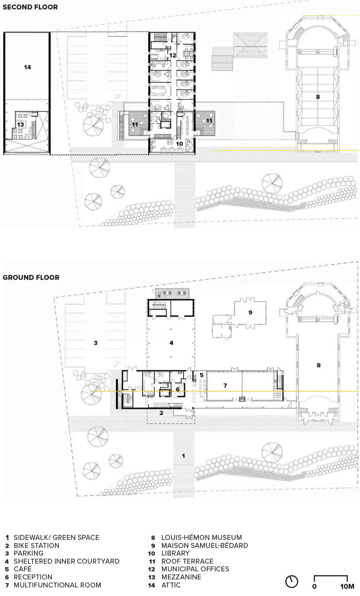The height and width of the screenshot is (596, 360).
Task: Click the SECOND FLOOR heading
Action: click(30, 7)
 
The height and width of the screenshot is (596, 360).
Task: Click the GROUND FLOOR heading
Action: click(31, 277)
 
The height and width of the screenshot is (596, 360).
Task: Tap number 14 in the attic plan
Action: click(27, 67)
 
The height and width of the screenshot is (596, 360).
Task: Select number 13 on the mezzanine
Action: click(21, 124)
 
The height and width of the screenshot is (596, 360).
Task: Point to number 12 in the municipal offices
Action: click(173, 55)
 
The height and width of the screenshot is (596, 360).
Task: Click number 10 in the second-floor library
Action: click(179, 144)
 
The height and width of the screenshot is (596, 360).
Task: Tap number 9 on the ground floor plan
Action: click(250, 312)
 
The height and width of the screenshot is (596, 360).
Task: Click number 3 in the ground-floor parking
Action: click(96, 343)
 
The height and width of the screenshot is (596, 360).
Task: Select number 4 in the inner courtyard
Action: click(171, 343)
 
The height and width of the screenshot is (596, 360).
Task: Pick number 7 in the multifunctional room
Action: click(225, 385)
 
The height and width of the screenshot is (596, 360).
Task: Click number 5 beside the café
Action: click(202, 375)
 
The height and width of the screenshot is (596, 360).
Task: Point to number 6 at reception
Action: click(178, 389)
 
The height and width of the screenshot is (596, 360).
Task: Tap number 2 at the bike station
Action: click(161, 413)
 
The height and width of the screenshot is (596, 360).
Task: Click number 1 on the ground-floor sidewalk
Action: click(183, 456)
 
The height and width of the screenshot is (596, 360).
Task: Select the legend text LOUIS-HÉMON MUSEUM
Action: click(202, 537)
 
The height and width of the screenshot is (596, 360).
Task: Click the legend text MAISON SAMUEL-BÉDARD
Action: click(205, 545)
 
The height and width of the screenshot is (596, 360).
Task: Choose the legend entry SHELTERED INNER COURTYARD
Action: click(66, 561)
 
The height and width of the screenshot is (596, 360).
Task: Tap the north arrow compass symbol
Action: click(292, 581)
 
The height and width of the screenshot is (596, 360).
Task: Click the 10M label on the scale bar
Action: click(347, 587)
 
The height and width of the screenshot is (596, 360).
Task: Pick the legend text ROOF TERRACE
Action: click(187, 561)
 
